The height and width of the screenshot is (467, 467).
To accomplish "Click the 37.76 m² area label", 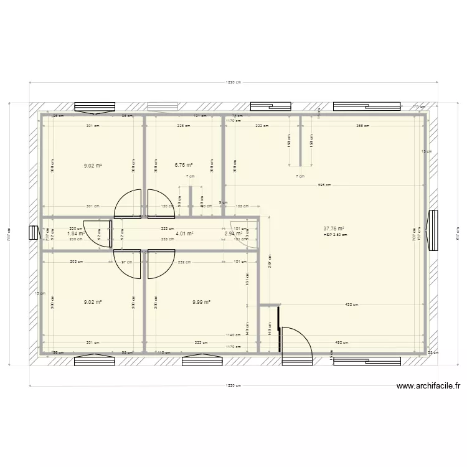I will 334,229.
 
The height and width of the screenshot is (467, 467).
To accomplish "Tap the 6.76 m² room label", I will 184,166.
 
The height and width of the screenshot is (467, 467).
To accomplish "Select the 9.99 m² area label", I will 201,302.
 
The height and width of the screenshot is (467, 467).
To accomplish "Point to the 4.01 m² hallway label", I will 184,234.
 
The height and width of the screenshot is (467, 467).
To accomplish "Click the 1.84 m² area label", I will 76,234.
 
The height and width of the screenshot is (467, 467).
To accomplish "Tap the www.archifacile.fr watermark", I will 428,386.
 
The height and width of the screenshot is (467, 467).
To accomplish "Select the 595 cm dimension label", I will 324,185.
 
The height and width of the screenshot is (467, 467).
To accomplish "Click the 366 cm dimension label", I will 362,126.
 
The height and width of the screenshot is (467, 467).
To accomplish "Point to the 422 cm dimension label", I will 351,305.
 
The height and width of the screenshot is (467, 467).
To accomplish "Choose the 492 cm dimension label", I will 342,342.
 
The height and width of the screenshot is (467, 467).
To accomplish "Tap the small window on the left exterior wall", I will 33,233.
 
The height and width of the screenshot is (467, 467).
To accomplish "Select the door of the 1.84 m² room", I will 92,233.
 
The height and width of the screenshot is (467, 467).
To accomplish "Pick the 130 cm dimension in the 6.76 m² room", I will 167,207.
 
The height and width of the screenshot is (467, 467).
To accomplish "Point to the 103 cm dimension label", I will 242,207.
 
